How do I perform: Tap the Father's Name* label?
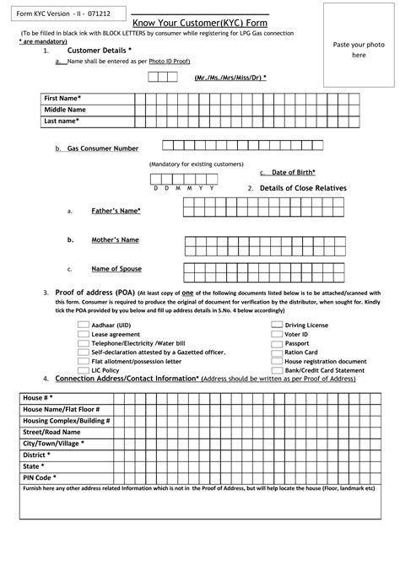(x=116, y=210)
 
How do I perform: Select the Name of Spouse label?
(x=116, y=269)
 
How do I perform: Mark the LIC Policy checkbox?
(x=84, y=370)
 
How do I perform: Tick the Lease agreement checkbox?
(x=84, y=334)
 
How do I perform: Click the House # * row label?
(x=39, y=396)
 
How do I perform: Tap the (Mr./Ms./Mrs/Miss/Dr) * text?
(x=229, y=77)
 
